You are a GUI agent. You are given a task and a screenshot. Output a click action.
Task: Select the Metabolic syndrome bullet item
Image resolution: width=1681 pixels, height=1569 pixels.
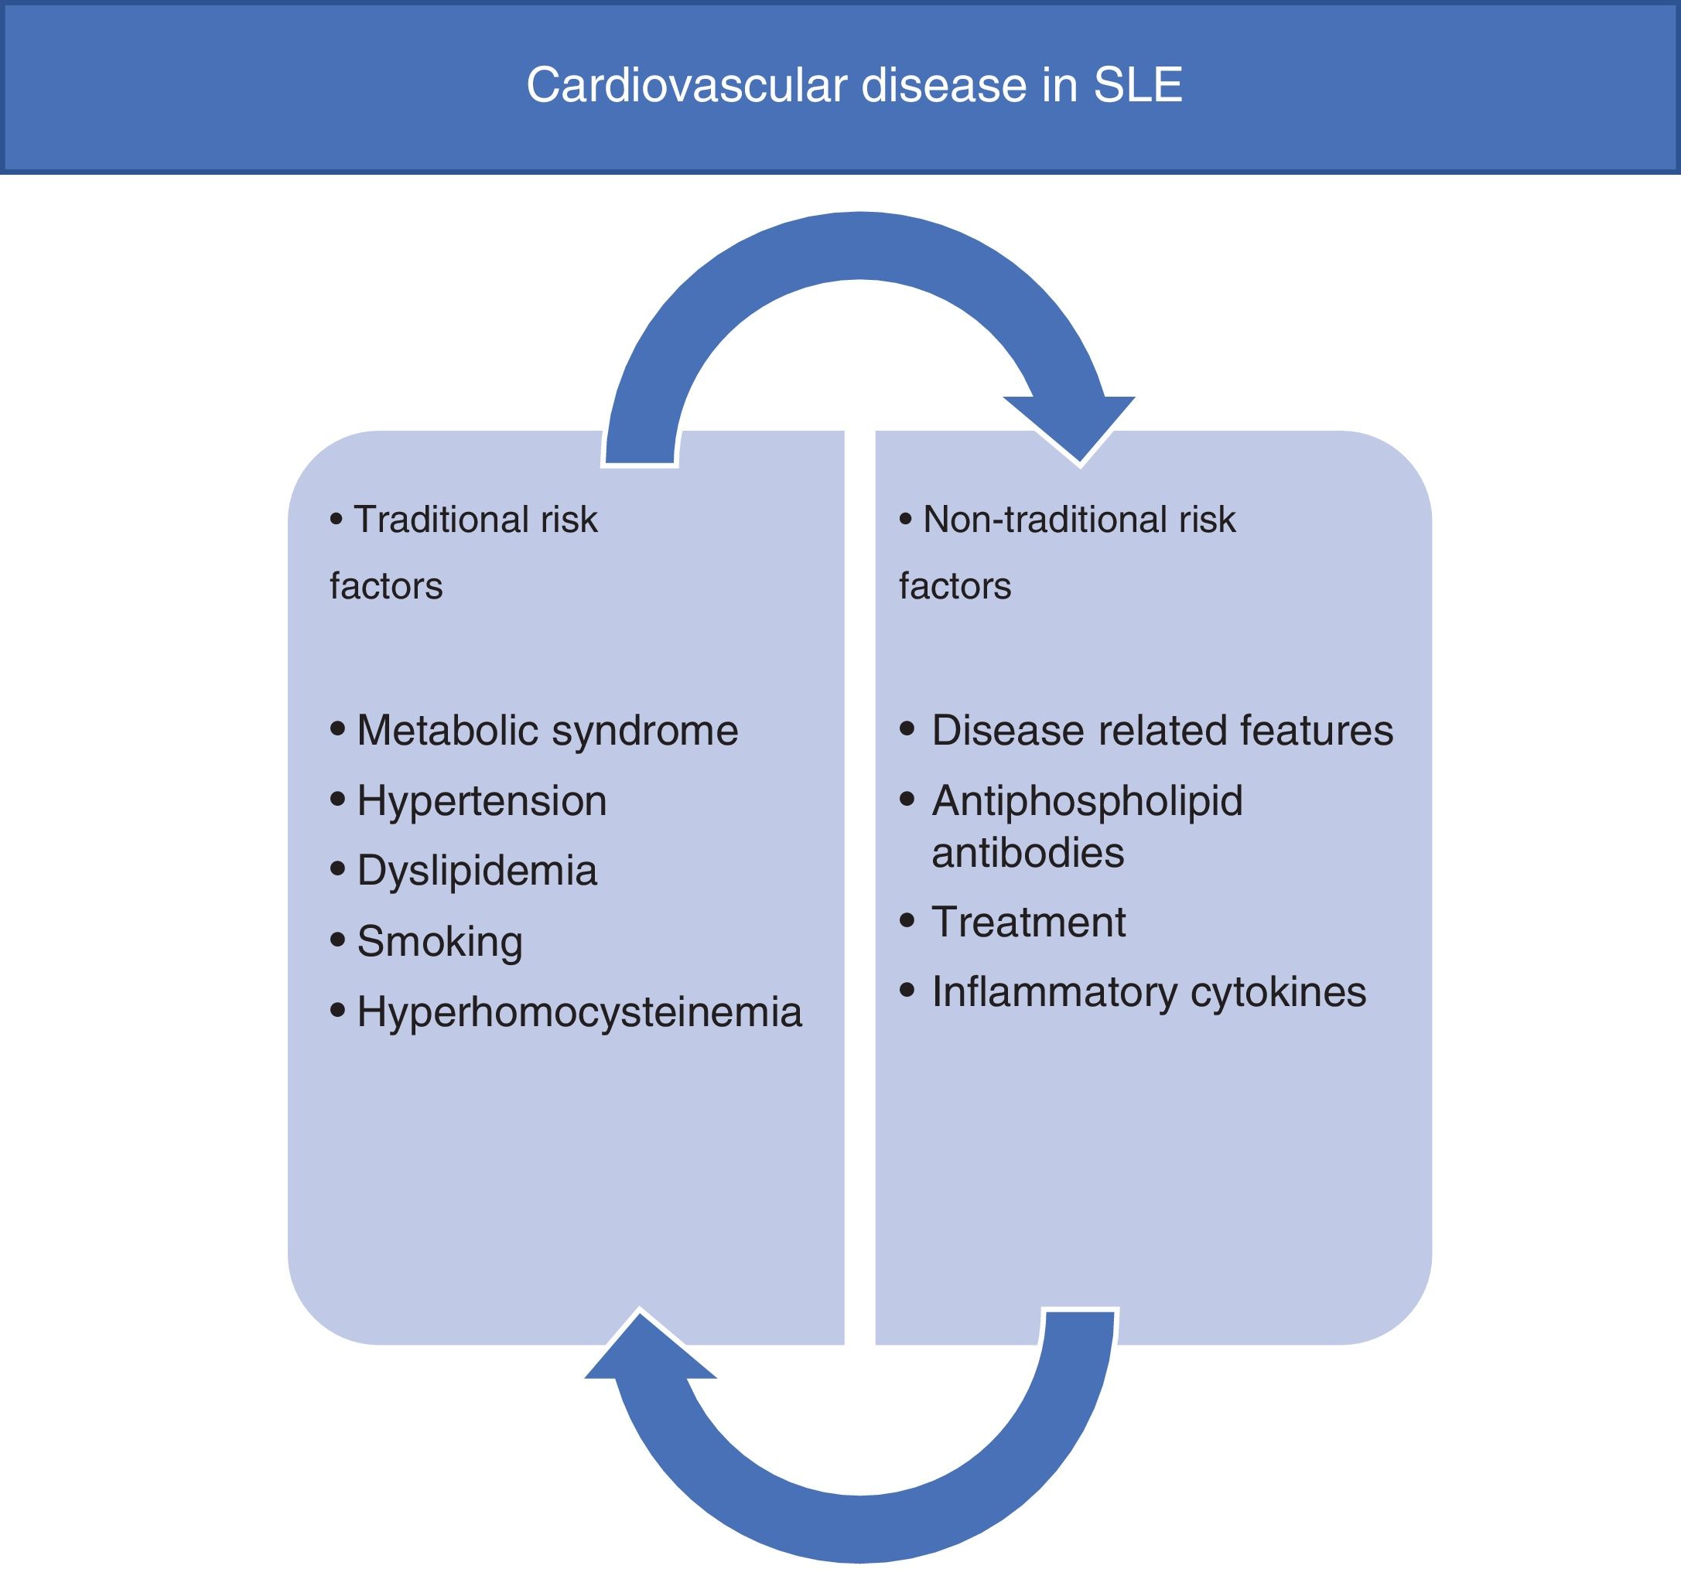[547, 731]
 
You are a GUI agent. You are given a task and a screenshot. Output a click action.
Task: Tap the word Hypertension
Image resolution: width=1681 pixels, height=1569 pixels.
[482, 800]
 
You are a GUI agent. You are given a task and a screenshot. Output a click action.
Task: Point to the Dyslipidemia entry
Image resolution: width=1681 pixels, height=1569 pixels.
[477, 871]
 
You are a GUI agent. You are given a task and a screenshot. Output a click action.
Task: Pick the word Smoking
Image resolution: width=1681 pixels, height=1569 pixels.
[439, 942]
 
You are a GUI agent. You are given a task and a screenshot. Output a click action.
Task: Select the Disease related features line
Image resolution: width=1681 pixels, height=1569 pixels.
[1162, 731]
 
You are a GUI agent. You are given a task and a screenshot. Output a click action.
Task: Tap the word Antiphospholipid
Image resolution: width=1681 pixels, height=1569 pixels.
[1088, 800]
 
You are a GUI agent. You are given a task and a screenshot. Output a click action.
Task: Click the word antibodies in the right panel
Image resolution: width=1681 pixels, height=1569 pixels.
[1027, 852]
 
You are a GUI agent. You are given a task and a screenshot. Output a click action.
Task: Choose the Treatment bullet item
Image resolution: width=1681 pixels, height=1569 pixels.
[1028, 923]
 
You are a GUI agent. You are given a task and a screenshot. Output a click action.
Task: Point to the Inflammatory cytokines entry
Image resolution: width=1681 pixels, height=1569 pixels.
[1148, 992]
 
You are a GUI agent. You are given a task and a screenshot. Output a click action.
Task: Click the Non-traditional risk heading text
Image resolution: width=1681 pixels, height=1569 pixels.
[1079, 519]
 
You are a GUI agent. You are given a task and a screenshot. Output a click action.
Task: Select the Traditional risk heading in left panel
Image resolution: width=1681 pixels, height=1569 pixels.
[475, 519]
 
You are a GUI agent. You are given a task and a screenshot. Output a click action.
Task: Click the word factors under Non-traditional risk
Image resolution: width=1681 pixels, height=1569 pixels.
[955, 586]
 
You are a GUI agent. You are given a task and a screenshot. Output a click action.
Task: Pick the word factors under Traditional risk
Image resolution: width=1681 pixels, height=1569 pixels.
[385, 586]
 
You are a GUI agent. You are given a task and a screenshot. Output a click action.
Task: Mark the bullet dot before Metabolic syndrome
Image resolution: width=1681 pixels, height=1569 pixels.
[338, 728]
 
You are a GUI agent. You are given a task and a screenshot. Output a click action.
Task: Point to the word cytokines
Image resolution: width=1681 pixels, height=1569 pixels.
[1278, 992]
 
